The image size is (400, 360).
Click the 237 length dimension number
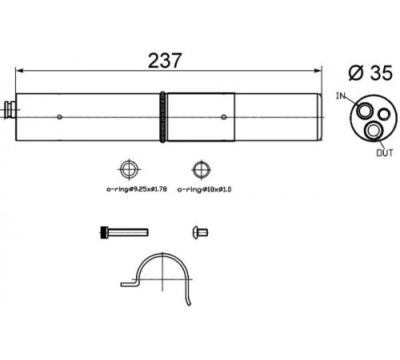pyautogui.click(x=165, y=61)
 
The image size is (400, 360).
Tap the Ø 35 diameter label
pyautogui.click(x=370, y=73)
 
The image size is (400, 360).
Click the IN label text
pyautogui.click(x=341, y=96)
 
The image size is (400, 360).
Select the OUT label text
pyautogui.click(x=385, y=153)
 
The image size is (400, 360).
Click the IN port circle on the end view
pyautogui.click(x=365, y=110)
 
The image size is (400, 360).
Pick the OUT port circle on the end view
pyautogui.click(x=374, y=130)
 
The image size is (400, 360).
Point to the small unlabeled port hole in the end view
pyautogui.click(x=384, y=114)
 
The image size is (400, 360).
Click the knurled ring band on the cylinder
pyautogui.click(x=162, y=117)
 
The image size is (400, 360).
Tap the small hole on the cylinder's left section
pyautogui.click(x=59, y=117)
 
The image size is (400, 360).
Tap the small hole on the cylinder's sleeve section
pyautogui.click(x=224, y=117)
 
